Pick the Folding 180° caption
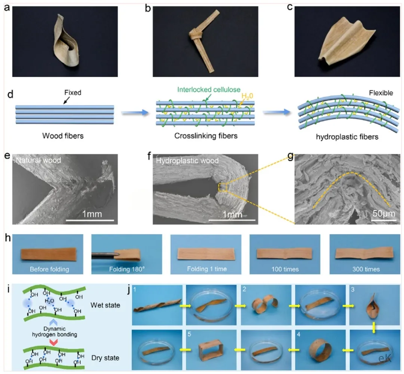tap(126, 269)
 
